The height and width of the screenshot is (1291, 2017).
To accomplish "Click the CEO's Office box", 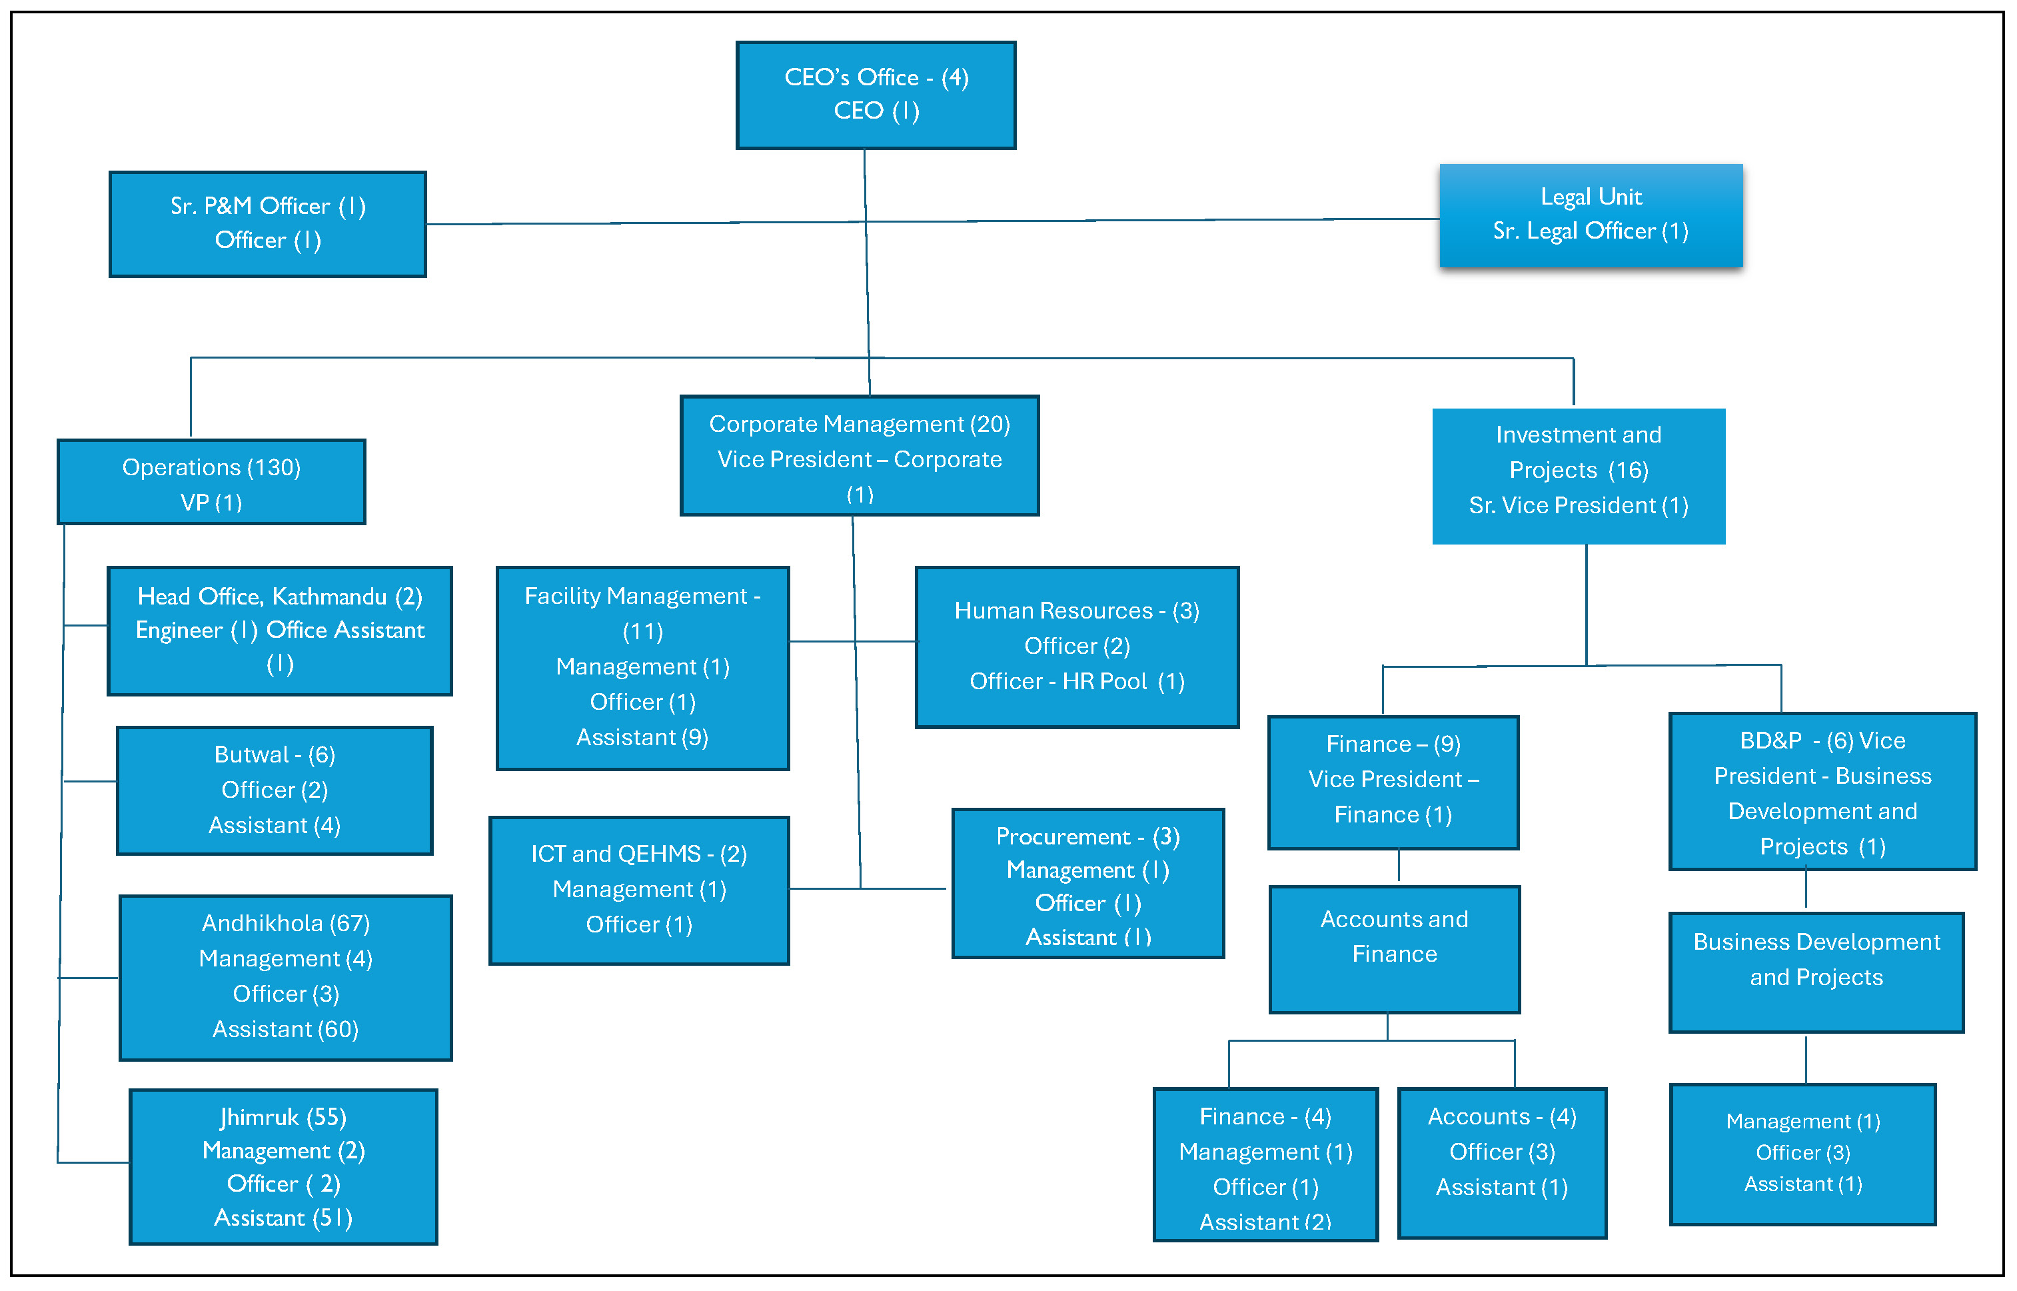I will [876, 95].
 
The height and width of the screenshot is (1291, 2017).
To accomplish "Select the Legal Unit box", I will [1591, 215].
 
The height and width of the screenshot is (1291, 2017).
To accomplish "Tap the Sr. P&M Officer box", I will [267, 224].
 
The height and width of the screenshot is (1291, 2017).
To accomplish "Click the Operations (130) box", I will [211, 482].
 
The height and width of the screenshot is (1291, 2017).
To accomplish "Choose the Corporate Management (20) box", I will [859, 455].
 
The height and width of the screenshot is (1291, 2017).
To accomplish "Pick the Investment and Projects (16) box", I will [1578, 475].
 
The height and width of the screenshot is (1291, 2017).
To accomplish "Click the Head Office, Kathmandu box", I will [279, 631].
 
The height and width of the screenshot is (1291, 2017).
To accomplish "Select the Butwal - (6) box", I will [274, 790].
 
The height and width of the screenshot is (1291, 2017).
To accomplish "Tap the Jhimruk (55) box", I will [283, 1166].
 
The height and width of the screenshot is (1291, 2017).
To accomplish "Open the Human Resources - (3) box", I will [1076, 646].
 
